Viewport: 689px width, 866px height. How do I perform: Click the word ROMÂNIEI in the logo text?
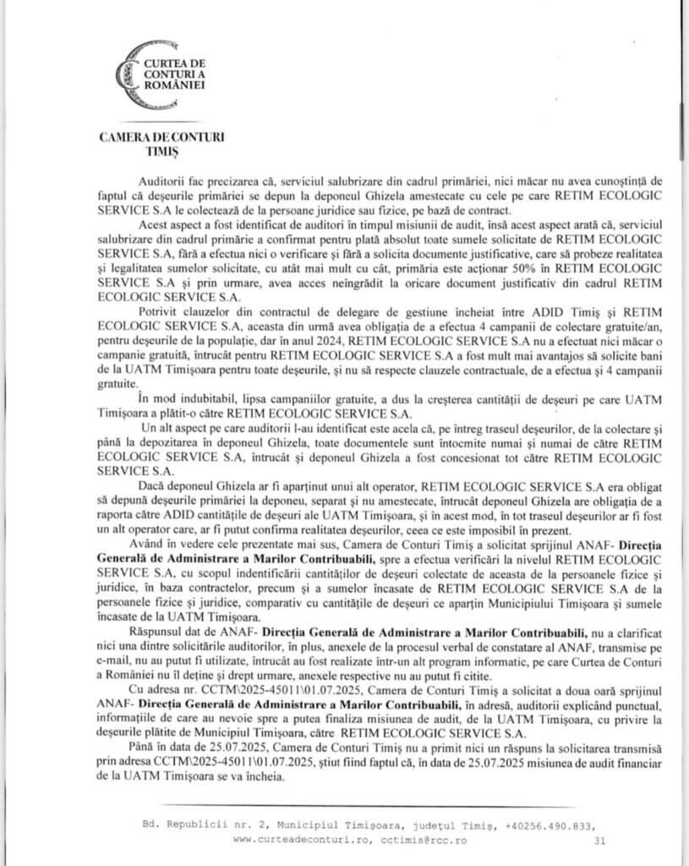click(176, 86)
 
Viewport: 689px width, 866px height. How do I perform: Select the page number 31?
click(599, 841)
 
